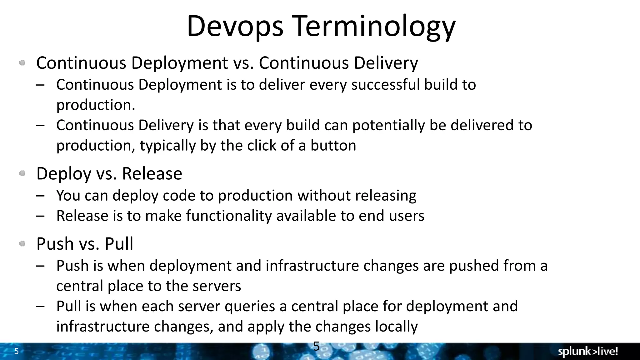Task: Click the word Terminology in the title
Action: pyautogui.click(x=374, y=26)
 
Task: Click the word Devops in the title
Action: pyautogui.click(x=235, y=26)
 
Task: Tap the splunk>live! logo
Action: pyautogui.click(x=588, y=352)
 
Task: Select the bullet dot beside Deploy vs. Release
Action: pyautogui.click(x=22, y=173)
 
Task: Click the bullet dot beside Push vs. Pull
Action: pyautogui.click(x=22, y=243)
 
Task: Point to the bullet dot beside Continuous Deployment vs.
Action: pyautogui.click(x=22, y=63)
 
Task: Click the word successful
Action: pyautogui.click(x=385, y=85)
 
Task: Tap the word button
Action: pyautogui.click(x=333, y=146)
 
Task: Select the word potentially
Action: pyautogui.click(x=389, y=126)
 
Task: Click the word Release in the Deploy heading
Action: pyautogui.click(x=152, y=174)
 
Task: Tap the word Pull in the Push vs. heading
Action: pyautogui.click(x=119, y=244)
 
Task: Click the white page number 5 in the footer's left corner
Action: pyautogui.click(x=17, y=351)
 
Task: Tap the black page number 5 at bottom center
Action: pyautogui.click(x=316, y=346)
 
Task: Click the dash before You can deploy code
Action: pyautogui.click(x=40, y=196)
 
